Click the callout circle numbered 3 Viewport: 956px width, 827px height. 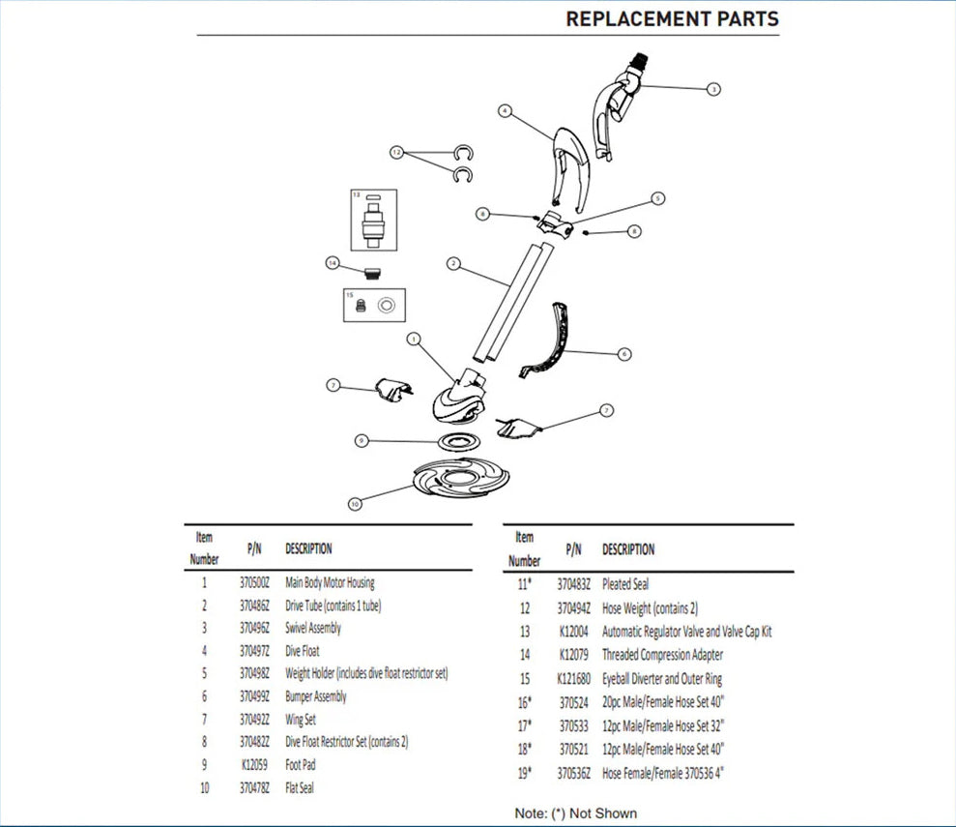tap(713, 89)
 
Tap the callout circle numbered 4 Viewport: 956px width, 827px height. tap(504, 111)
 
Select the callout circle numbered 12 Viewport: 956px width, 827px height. tap(396, 153)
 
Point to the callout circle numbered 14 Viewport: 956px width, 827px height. tap(333, 263)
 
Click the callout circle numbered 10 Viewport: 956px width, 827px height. tap(355, 504)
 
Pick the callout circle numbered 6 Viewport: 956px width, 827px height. tap(624, 355)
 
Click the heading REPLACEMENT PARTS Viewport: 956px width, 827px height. tap(672, 19)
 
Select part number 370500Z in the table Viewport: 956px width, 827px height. tap(254, 583)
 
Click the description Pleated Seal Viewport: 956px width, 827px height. tap(625, 584)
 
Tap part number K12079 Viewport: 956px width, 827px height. tap(573, 655)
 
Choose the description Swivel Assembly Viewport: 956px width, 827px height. tap(313, 629)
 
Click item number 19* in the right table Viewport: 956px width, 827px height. tap(523, 772)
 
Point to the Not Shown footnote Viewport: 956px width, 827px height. tap(576, 813)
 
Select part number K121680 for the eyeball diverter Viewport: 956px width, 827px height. tap(573, 679)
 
